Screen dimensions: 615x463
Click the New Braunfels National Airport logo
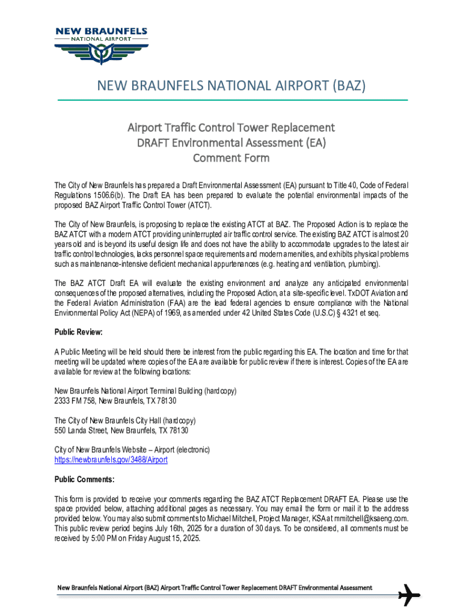tap(100, 47)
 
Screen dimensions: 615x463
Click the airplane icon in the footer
tap(409, 595)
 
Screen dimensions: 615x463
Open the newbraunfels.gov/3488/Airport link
tap(111, 459)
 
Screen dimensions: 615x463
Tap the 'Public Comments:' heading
tap(84, 479)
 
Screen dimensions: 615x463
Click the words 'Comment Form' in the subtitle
tap(231, 159)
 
